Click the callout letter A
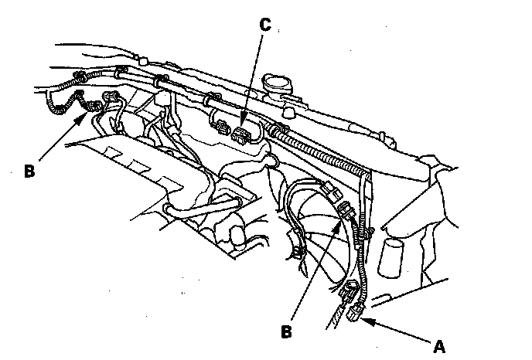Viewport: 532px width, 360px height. tap(439, 346)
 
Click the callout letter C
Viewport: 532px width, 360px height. tap(264, 24)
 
